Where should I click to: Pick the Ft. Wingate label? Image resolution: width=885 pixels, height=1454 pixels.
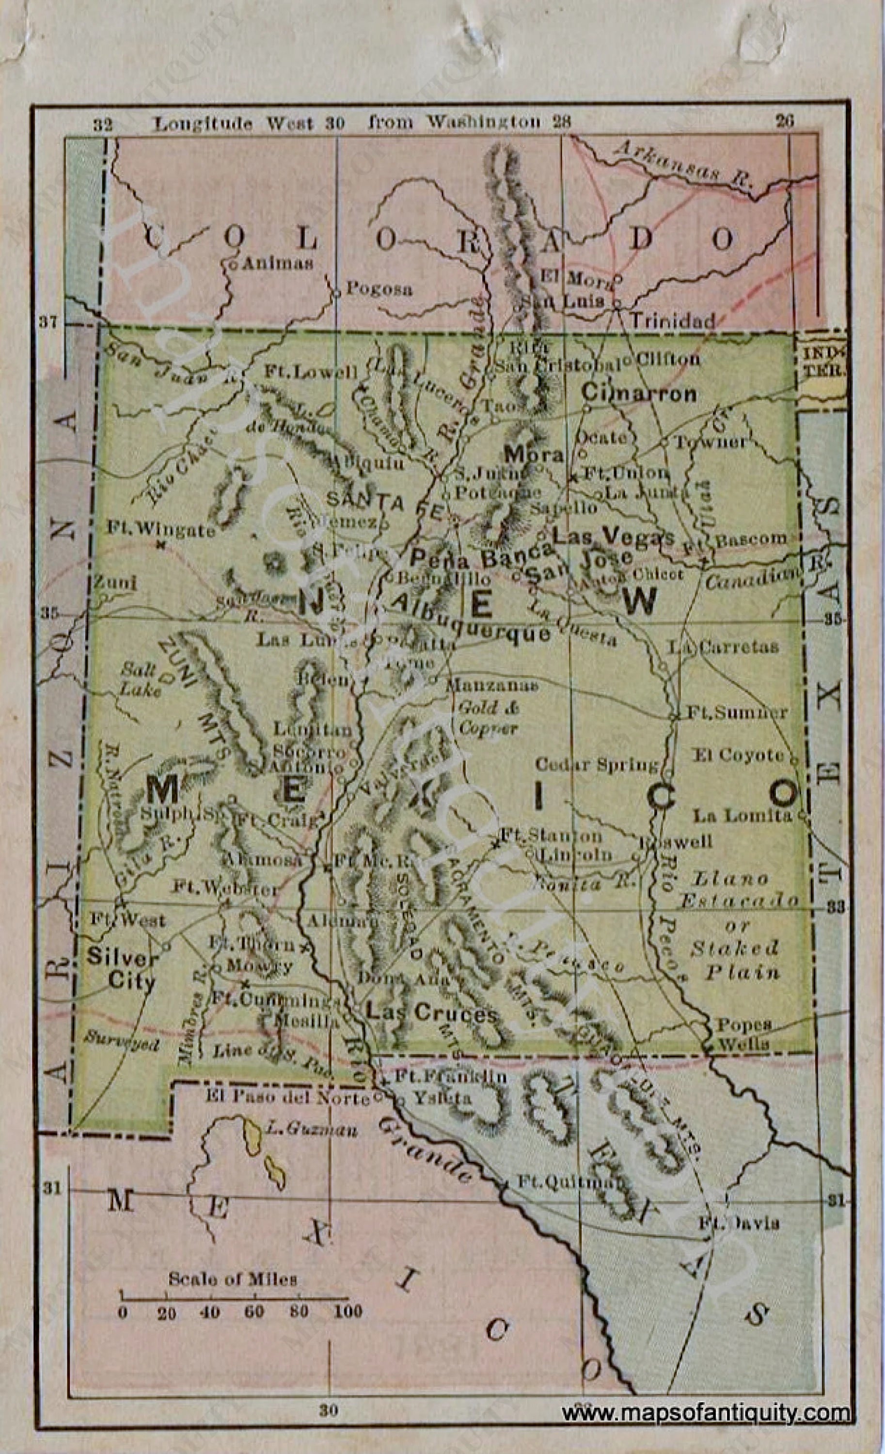pos(161,529)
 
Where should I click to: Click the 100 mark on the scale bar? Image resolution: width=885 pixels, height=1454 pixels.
pos(348,1311)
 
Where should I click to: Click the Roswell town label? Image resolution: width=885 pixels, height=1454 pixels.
pos(679,841)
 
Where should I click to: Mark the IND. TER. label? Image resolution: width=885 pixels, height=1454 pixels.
pos(822,362)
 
